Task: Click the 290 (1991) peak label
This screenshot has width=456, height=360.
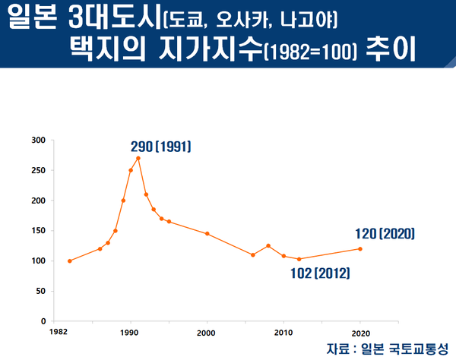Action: point(160,144)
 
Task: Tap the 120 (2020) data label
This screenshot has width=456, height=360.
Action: point(385,234)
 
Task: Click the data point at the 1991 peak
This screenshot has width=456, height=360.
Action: point(138,158)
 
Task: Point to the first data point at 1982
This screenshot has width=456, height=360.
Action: point(70,261)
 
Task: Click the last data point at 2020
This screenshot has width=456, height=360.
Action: point(360,248)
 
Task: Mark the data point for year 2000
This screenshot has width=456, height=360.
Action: point(207,233)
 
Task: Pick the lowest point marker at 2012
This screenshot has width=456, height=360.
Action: point(299,259)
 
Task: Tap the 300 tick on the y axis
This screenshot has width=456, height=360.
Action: point(38,141)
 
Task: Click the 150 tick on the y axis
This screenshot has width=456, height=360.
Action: point(38,231)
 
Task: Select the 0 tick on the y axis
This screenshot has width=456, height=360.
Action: point(43,321)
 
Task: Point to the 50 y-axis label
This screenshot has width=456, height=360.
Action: point(40,291)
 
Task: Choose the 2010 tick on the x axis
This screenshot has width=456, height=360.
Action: point(283,333)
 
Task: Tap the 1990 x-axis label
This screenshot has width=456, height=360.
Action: point(131,333)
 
